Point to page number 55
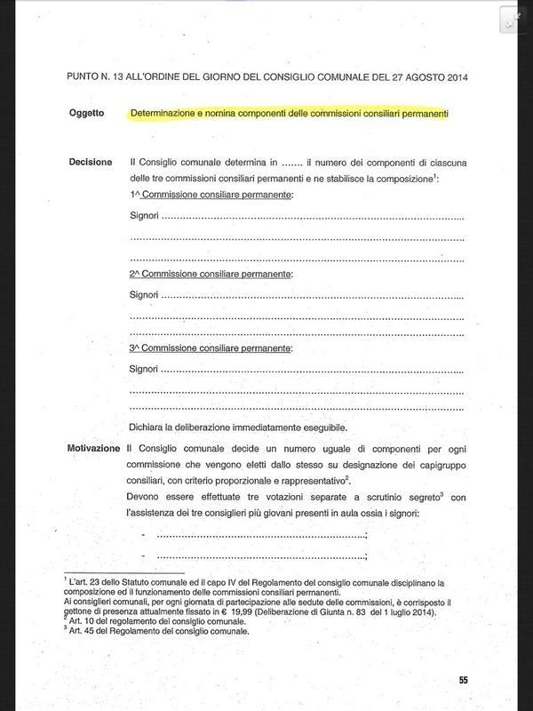point(463,680)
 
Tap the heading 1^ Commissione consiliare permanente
point(211,194)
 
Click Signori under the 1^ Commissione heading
point(143,218)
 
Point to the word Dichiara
point(148,427)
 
